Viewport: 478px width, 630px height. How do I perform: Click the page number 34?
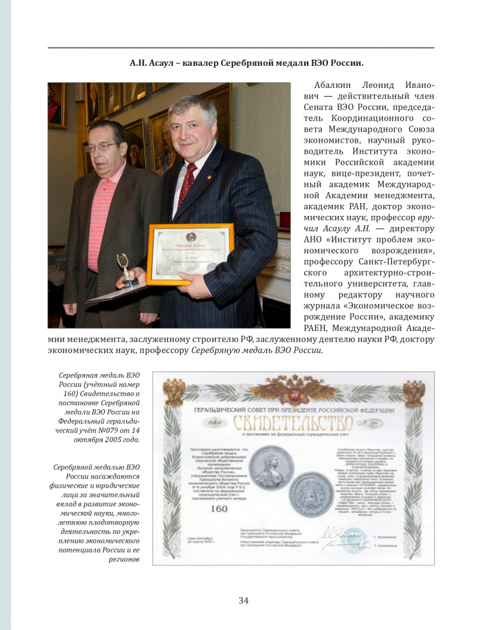[244, 600]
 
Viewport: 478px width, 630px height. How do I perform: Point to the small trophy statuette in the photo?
[125, 270]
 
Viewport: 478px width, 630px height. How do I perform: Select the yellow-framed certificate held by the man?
[189, 253]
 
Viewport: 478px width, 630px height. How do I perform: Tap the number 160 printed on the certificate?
[219, 509]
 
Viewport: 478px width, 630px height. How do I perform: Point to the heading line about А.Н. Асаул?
[246, 63]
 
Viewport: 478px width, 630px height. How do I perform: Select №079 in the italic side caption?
[120, 430]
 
